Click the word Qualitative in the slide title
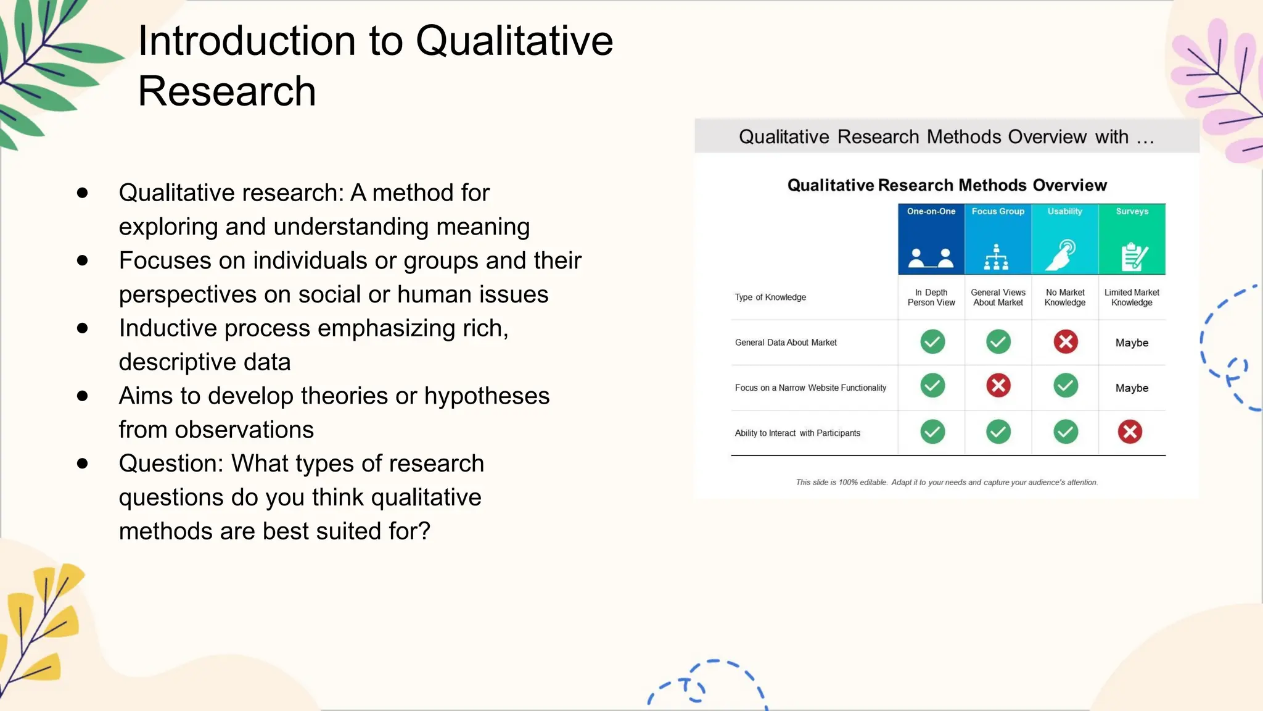coord(514,41)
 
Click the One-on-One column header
coord(931,212)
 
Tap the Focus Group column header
coord(998,212)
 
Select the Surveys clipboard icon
coord(1133,256)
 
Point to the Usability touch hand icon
coord(1063,255)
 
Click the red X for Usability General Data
coord(1066,341)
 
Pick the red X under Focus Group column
coord(998,386)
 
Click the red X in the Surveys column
coord(1130,431)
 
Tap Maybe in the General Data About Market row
coord(1132,343)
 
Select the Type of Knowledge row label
coord(770,297)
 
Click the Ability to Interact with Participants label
coord(797,433)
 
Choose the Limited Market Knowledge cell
coord(1132,297)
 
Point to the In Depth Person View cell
coord(931,297)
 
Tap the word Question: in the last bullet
coord(171,464)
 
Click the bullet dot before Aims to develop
coord(83,396)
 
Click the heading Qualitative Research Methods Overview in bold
coord(947,185)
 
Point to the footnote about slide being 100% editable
coord(947,483)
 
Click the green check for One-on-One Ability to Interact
coord(932,431)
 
